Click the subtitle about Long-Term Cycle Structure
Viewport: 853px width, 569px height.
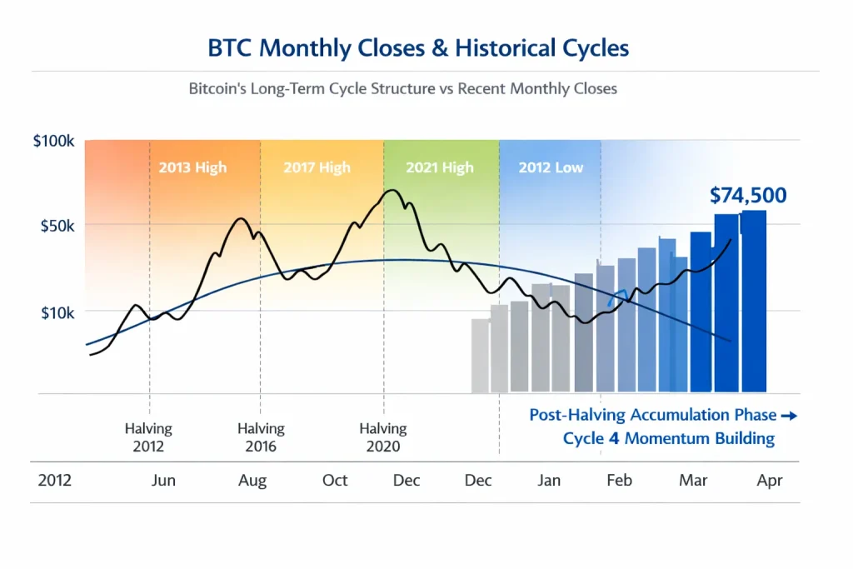[x=402, y=87]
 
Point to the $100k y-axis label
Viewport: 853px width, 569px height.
[x=54, y=141]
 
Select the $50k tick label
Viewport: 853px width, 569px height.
[x=57, y=226]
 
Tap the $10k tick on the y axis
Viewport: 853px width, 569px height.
[x=57, y=312]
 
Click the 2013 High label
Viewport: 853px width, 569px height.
[x=192, y=167]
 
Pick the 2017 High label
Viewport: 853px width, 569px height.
[x=317, y=167]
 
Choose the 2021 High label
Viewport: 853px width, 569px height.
[x=440, y=167]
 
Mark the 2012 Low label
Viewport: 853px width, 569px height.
[x=551, y=167]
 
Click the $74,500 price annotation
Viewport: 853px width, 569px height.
[x=748, y=195]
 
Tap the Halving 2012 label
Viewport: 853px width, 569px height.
[x=149, y=437]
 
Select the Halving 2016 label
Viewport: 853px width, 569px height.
[x=261, y=437]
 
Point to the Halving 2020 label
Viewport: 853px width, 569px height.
[x=383, y=437]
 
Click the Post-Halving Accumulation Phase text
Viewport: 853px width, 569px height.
[x=652, y=415]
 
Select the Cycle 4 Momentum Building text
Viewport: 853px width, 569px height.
[x=669, y=438]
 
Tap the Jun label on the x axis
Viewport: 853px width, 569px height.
[x=164, y=481]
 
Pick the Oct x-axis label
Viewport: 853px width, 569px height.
[x=335, y=481]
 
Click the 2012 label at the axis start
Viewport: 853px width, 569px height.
[x=55, y=481]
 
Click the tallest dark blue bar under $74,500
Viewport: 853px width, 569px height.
[x=754, y=300]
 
